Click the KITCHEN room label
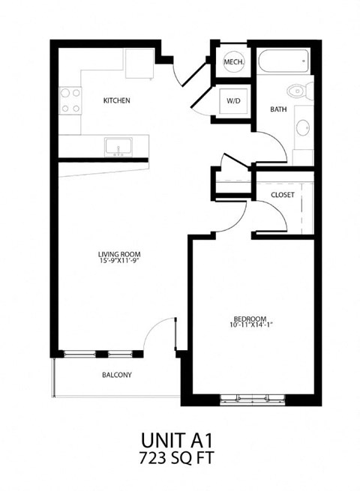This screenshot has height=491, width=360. click(x=117, y=100)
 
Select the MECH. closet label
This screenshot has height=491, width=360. click(x=232, y=63)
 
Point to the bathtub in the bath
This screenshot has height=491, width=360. click(x=283, y=61)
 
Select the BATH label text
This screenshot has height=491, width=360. click(x=278, y=109)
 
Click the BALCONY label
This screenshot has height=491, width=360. click(x=117, y=375)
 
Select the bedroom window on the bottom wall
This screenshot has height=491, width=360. click(x=251, y=399)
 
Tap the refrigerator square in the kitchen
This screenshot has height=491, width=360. click(x=139, y=63)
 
